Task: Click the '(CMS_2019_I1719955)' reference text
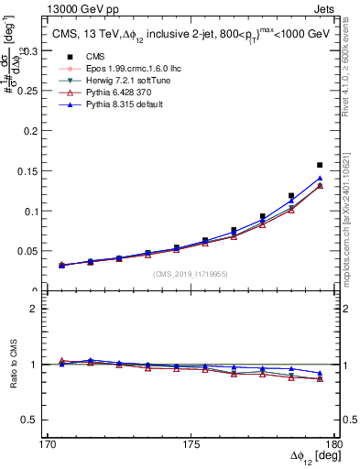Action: pos(190,273)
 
